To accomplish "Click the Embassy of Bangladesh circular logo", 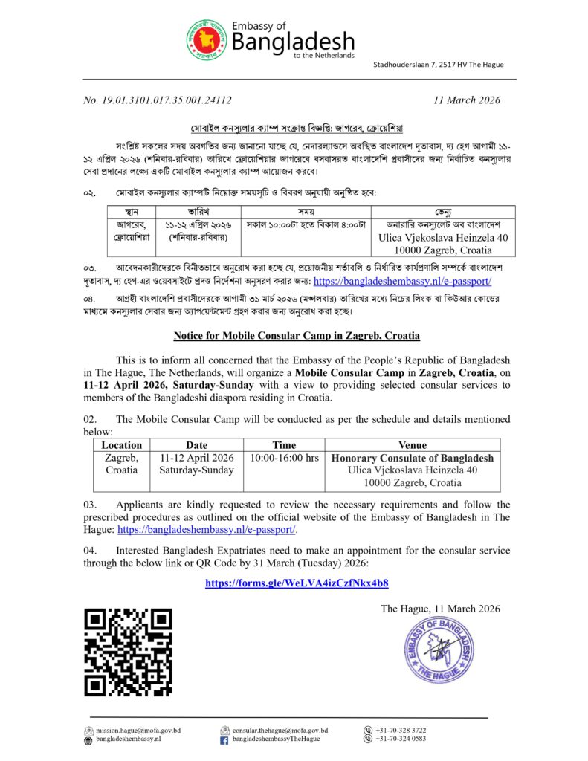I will pos(207,40).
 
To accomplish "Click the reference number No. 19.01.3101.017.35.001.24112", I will pos(158,100).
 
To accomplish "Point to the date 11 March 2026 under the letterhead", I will pos(466,100).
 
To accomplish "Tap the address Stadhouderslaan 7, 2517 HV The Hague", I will pos(438,65).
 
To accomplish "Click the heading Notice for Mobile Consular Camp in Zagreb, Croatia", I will pos(297,336).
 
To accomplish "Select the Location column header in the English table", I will pos(121,445).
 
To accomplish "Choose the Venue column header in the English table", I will pos(413,445).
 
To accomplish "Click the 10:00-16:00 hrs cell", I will pos(285,458).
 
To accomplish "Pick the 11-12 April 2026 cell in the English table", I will pos(196,458).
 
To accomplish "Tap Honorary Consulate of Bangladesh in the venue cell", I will pos(413,458).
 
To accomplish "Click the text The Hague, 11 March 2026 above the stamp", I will pos(440,609).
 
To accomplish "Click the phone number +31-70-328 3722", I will pos(401,731).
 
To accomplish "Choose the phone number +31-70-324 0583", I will pos(401,739).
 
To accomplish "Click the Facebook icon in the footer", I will pos(224,740).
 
